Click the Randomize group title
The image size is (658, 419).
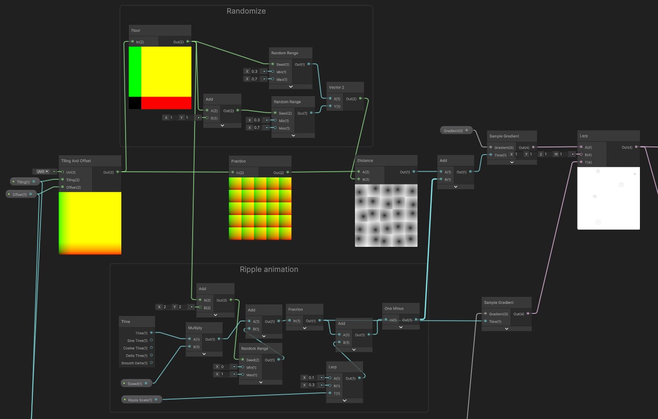(246, 11)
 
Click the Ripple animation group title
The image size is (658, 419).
(269, 269)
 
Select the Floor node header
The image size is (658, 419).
(159, 30)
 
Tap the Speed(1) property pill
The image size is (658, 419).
(136, 383)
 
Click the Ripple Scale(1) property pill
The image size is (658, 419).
(141, 400)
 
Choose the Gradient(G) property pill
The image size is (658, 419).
(455, 130)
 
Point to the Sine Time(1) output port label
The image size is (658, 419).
(137, 341)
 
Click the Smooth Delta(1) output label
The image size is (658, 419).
(134, 363)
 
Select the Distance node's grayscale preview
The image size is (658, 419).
(386, 215)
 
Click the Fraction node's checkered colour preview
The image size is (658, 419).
(260, 208)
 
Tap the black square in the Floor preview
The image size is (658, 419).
(135, 103)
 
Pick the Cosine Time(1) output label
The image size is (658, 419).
(135, 348)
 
